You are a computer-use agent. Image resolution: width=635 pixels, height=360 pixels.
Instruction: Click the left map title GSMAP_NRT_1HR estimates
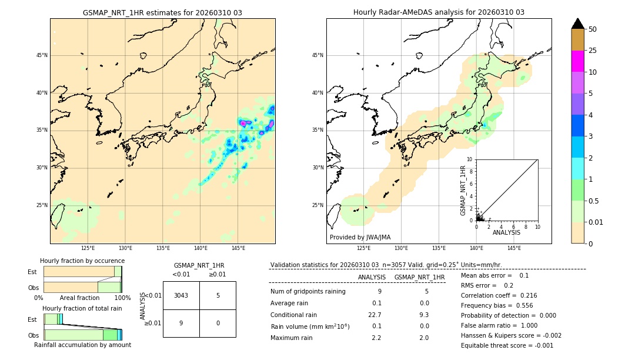pyautogui.click(x=162, y=12)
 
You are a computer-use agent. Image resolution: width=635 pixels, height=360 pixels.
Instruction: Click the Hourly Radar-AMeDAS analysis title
pyautogui.click(x=439, y=12)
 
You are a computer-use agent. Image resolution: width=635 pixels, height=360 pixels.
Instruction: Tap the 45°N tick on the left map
pyautogui.click(x=42, y=55)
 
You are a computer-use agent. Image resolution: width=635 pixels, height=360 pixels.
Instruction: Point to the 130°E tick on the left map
pyautogui.click(x=125, y=248)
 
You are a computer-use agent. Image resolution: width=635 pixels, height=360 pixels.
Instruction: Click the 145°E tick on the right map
pyautogui.click(x=514, y=248)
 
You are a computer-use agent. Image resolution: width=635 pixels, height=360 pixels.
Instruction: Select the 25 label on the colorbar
pyautogui.click(x=593, y=51)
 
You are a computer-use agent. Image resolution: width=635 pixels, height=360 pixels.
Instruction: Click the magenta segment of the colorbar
pyautogui.click(x=577, y=61)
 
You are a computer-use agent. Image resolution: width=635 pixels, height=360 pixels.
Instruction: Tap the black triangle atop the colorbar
pyautogui.click(x=577, y=24)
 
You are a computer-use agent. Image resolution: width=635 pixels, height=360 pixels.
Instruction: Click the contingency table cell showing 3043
pyautogui.click(x=181, y=295)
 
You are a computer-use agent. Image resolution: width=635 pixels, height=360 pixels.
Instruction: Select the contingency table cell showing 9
pyautogui.click(x=181, y=323)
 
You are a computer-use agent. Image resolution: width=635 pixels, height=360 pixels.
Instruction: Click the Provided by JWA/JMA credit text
pyautogui.click(x=360, y=237)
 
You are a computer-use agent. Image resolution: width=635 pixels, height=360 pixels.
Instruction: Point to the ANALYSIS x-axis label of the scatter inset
pyautogui.click(x=506, y=232)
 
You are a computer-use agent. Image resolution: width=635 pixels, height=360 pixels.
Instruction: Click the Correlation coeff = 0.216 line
pyautogui.click(x=499, y=295)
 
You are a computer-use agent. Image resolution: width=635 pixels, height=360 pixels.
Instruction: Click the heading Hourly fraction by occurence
pyautogui.click(x=82, y=261)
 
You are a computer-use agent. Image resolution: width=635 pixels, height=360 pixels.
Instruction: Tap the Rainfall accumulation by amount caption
pyautogui.click(x=82, y=345)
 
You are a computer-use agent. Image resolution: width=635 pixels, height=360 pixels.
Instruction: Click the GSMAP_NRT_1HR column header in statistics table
pyautogui.click(x=419, y=277)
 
